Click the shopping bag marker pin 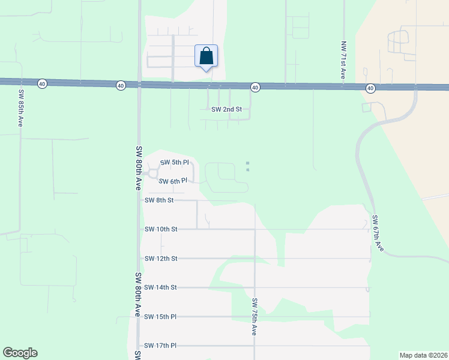[206, 56]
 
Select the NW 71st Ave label [343, 61]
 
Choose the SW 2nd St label [226, 109]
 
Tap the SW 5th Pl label [175, 163]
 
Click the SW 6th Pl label [175, 181]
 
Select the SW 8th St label [159, 200]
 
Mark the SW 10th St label [161, 229]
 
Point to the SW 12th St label [161, 259]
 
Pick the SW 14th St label [161, 287]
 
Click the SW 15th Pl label [161, 316]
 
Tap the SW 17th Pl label [161, 346]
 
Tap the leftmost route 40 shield [41, 84]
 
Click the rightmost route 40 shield [370, 88]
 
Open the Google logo [20, 353]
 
